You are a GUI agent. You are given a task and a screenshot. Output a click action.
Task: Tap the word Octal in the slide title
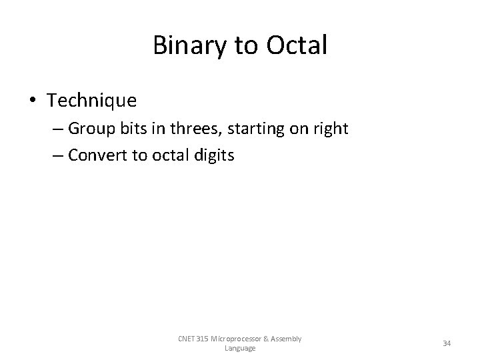(x=297, y=45)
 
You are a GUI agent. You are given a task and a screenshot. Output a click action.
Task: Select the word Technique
(x=92, y=101)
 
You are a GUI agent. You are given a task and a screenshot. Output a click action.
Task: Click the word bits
(x=140, y=129)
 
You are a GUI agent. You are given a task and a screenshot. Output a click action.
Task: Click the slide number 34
(x=447, y=343)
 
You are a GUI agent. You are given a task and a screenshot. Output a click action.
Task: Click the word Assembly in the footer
(x=287, y=339)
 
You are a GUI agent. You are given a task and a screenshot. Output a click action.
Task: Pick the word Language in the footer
(x=240, y=348)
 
